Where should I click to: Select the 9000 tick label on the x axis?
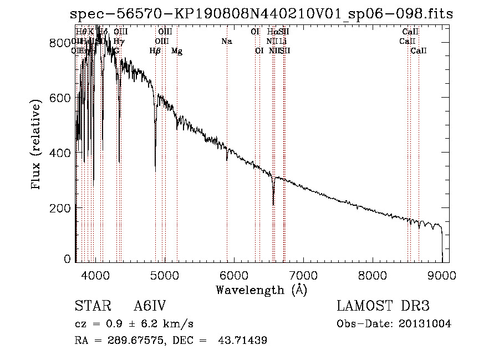(442, 274)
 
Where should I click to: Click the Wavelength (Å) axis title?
(261, 290)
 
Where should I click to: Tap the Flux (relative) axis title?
(37, 145)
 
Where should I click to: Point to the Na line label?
(226, 42)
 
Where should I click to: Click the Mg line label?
(177, 52)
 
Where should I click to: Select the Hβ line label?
(155, 51)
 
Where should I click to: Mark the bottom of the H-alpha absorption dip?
(273, 204)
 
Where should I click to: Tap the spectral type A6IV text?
(150, 307)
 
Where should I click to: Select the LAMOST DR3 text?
(383, 307)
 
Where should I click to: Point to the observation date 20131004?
(425, 324)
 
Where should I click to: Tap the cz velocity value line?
(134, 324)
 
